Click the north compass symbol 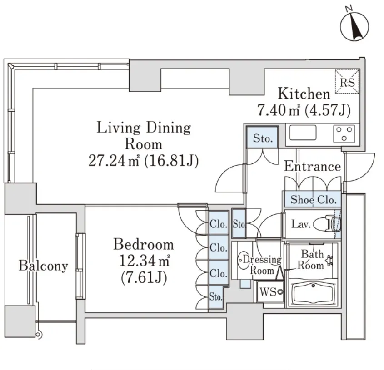tap(354, 26)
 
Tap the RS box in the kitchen tap(347, 81)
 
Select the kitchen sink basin tap(303, 133)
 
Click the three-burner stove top tap(344, 133)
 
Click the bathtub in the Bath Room tap(313, 293)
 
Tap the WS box tap(270, 292)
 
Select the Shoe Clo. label tap(313, 200)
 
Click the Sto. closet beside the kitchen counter tap(263, 137)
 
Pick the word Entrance tap(313, 167)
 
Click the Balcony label tap(43, 266)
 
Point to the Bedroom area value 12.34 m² tap(145, 261)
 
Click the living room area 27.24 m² tap(114, 161)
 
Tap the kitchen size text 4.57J tap(328, 110)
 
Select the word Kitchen tap(304, 94)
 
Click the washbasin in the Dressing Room tap(243, 261)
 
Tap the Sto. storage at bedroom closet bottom tap(215, 297)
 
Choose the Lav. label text tap(301, 224)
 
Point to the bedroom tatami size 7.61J tap(144, 278)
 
